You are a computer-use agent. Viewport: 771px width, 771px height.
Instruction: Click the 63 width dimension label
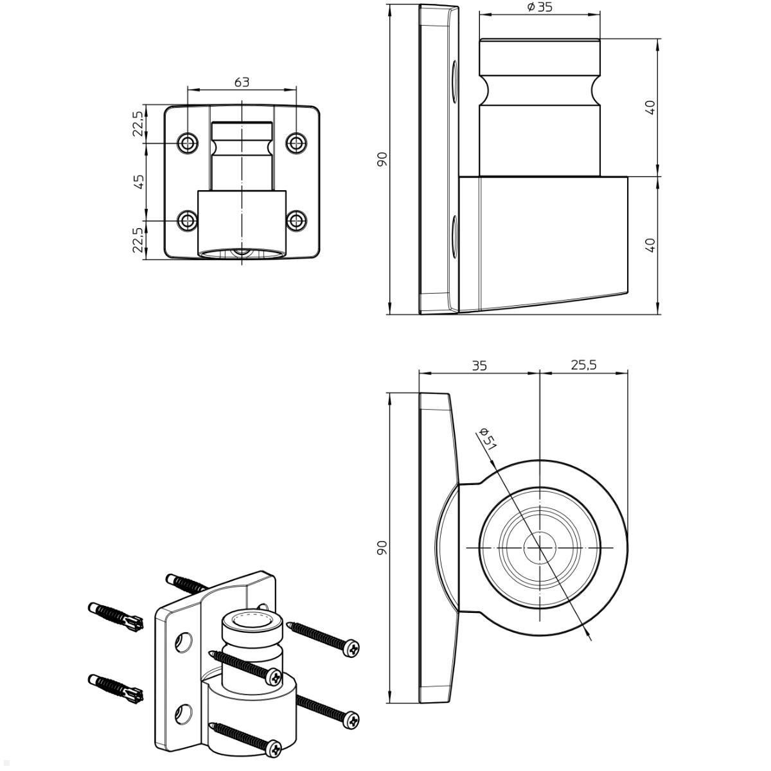click(x=242, y=82)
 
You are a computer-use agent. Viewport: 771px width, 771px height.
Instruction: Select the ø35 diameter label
click(x=539, y=8)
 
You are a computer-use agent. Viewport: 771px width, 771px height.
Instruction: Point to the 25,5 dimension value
click(x=583, y=365)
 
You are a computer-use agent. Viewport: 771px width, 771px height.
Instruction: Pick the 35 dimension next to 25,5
click(x=479, y=366)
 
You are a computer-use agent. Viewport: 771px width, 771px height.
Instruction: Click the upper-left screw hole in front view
click(x=188, y=143)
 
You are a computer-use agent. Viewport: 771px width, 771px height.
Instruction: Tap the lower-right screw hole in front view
click(x=296, y=220)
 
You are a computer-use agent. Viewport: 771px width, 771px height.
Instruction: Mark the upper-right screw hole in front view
click(x=296, y=143)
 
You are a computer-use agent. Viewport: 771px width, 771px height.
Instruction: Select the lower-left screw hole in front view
click(x=188, y=220)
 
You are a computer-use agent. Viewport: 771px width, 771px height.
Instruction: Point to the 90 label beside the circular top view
click(x=382, y=547)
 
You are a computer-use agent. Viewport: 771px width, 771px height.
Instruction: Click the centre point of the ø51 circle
click(x=540, y=547)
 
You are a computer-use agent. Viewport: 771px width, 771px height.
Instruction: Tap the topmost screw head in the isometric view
click(x=352, y=649)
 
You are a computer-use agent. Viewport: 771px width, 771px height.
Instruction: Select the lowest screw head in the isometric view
click(x=274, y=747)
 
